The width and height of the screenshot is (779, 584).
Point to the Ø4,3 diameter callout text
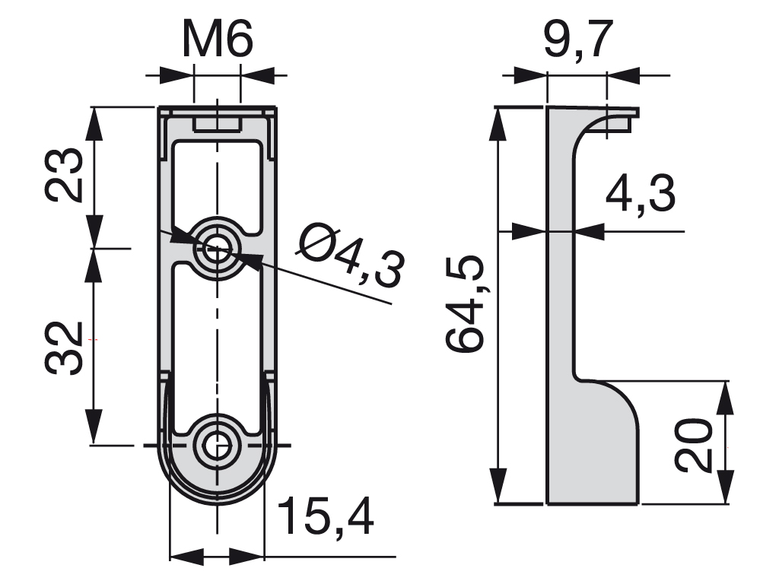pos(350,256)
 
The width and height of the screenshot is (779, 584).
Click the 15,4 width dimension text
pos(326,518)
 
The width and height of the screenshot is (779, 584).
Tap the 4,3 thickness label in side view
pos(640,197)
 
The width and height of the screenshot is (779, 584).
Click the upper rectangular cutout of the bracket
pos(218,182)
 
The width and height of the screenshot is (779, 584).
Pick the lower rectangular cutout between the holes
pos(218,342)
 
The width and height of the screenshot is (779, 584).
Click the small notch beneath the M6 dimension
pos(218,123)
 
